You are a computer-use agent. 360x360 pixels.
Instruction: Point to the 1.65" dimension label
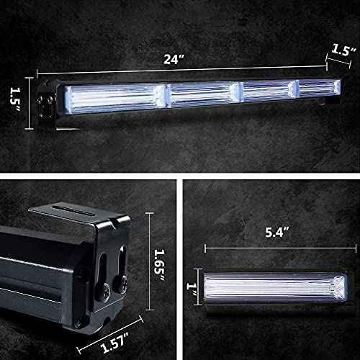[x=161, y=258]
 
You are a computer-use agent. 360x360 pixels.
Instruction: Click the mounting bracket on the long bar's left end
[x=47, y=107]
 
